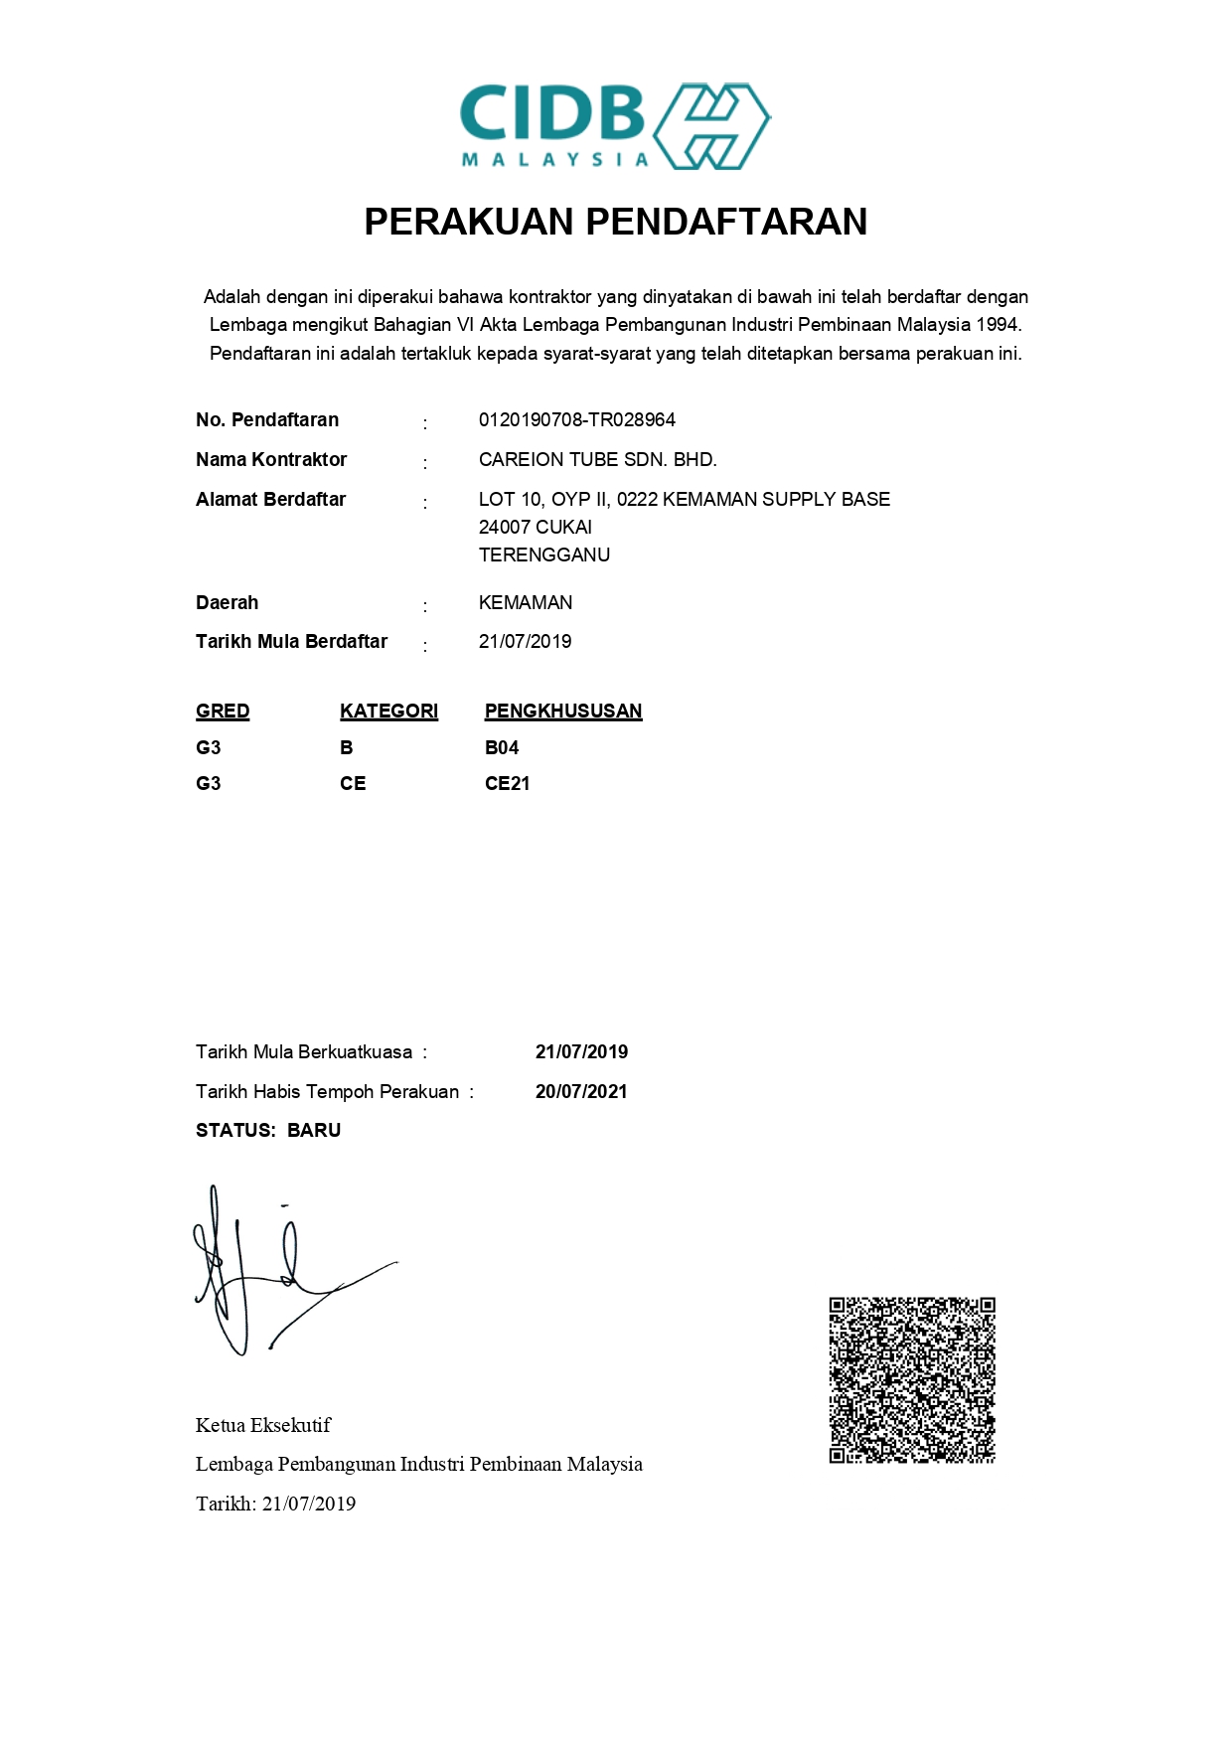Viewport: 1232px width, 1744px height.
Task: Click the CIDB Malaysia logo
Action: coord(615,125)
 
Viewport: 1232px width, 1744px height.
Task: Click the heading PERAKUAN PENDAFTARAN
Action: coord(615,222)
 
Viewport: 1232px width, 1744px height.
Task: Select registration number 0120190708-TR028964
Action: coord(576,420)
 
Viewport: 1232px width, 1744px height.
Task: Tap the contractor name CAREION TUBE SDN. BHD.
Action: coord(597,460)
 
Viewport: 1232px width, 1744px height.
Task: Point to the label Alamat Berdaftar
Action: coord(270,500)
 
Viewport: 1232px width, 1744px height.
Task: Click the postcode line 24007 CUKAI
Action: coord(535,528)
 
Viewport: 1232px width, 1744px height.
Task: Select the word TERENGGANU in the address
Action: coord(543,555)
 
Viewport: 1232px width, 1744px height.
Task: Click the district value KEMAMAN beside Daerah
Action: coord(525,603)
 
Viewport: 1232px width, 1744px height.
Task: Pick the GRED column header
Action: coord(223,712)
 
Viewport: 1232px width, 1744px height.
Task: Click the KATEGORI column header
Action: coord(388,712)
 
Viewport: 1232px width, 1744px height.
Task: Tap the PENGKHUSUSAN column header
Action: coord(562,712)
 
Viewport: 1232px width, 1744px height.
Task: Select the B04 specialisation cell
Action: coord(501,748)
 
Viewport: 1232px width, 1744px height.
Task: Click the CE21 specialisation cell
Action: coord(507,784)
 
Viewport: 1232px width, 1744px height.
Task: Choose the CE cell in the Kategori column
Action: coord(353,784)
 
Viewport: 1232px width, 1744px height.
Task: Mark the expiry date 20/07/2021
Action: coord(581,1092)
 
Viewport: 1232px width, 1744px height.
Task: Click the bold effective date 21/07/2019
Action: coord(581,1052)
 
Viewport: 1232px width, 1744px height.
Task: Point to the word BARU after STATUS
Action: coord(314,1131)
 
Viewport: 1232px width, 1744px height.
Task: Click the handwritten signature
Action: coord(278,1272)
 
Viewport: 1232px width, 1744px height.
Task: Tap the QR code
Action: coord(912,1379)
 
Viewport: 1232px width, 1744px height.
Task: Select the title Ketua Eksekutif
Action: coord(263,1426)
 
